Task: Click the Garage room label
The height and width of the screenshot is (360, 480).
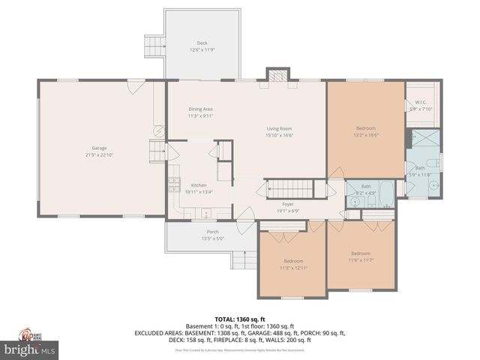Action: pos(98,149)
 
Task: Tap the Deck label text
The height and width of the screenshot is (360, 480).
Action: pos(202,43)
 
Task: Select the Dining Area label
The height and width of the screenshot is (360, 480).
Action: pos(200,109)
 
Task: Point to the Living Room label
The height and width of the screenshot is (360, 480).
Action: pos(279,129)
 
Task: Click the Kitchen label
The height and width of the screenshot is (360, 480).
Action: pos(199,185)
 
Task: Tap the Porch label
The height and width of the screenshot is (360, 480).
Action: pos(212,232)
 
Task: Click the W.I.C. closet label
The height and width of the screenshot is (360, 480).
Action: pos(421,102)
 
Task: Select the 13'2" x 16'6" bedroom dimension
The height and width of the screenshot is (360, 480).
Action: pos(366,136)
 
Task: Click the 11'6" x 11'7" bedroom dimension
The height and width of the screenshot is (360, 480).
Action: pos(361,259)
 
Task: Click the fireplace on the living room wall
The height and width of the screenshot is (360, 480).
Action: pos(277,76)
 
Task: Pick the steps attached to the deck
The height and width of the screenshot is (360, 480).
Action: pos(155,44)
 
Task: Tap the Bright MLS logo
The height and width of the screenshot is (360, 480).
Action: pos(29,349)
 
